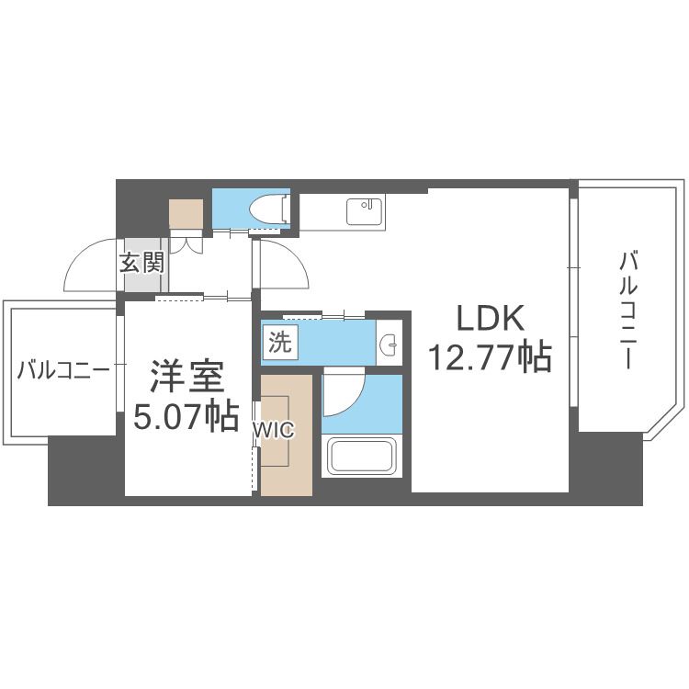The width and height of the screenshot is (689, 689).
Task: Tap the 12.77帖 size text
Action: coord(488,356)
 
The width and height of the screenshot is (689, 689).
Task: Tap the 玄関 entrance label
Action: coord(142,264)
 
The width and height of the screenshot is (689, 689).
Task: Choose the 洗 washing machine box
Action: coord(277,343)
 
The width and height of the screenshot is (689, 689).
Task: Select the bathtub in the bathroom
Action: coord(360,456)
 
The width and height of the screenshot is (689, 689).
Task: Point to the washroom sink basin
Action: coord(390,344)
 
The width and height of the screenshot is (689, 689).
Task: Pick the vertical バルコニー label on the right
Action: coord(628,308)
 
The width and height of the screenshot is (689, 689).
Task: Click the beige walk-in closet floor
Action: coord(287,459)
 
